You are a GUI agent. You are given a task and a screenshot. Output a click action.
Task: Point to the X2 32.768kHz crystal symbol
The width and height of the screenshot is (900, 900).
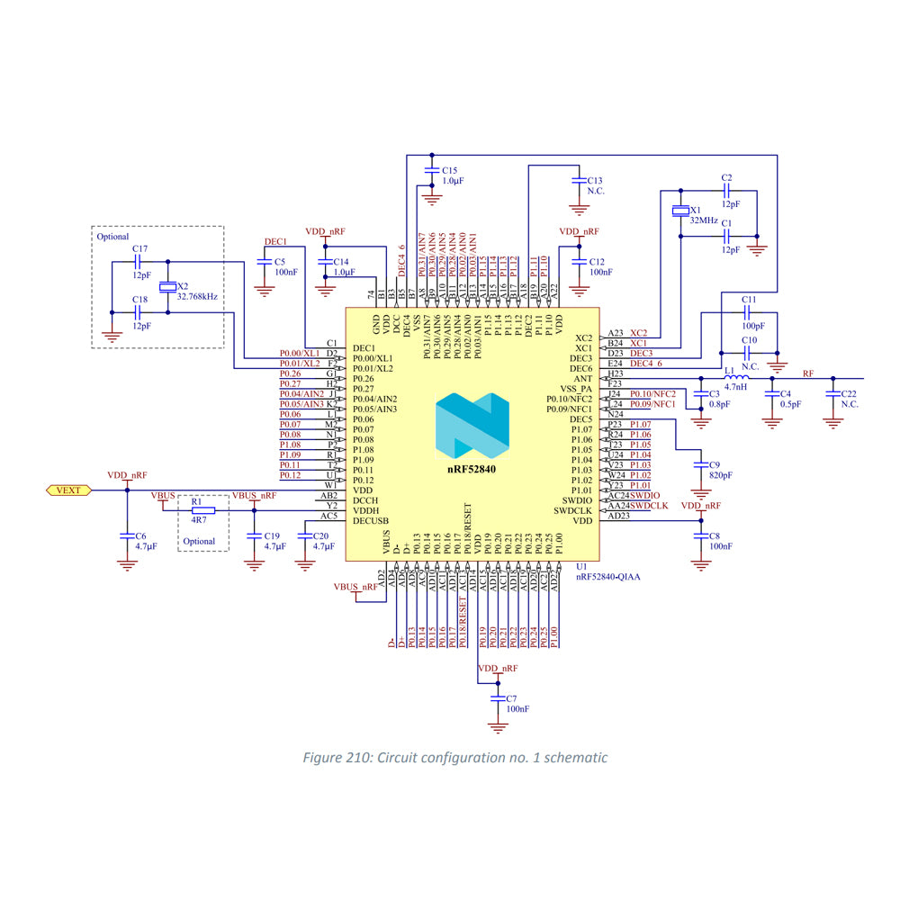[167, 289]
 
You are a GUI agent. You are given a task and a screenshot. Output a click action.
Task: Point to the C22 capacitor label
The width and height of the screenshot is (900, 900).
[848, 394]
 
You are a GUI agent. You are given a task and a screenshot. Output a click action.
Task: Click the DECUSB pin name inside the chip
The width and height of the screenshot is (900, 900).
[371, 521]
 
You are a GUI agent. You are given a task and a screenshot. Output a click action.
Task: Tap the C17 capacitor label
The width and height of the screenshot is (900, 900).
[139, 248]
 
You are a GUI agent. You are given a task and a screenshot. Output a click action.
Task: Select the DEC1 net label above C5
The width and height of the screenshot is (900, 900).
[274, 242]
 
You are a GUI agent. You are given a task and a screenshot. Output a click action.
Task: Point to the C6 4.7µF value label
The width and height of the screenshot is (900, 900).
[147, 546]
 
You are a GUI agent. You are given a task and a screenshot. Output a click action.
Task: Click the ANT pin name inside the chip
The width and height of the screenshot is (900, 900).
[583, 379]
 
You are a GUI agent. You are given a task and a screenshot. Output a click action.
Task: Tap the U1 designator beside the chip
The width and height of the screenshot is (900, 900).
[581, 567]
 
